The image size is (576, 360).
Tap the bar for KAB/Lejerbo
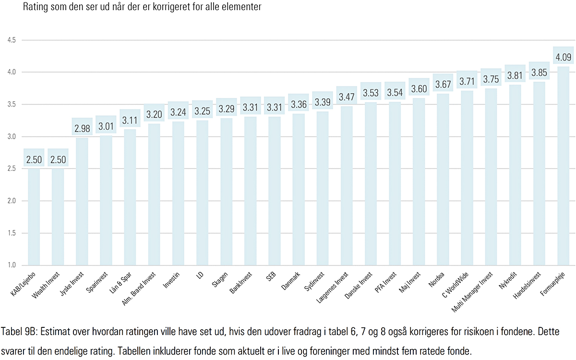click(34, 216)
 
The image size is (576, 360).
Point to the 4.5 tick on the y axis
click(12, 40)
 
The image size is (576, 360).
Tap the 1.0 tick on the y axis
click(12, 265)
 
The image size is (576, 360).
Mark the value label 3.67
click(443, 85)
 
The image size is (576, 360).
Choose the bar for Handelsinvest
click(539, 173)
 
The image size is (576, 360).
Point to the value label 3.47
click(347, 97)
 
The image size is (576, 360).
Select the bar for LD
click(203, 192)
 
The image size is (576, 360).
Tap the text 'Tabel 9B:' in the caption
click(19, 332)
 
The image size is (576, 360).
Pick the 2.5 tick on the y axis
click(12, 168)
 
